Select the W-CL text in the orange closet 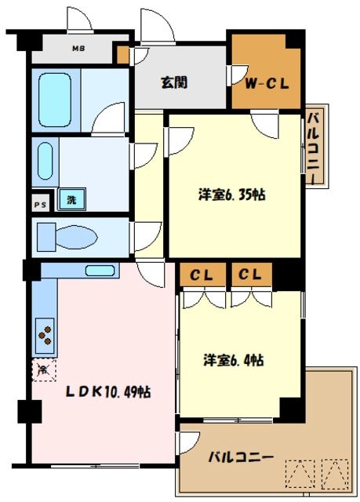267,81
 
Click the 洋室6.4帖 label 235,360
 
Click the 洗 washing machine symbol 71,200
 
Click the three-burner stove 46,336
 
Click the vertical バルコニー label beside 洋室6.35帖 311,147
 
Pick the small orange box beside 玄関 122,55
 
